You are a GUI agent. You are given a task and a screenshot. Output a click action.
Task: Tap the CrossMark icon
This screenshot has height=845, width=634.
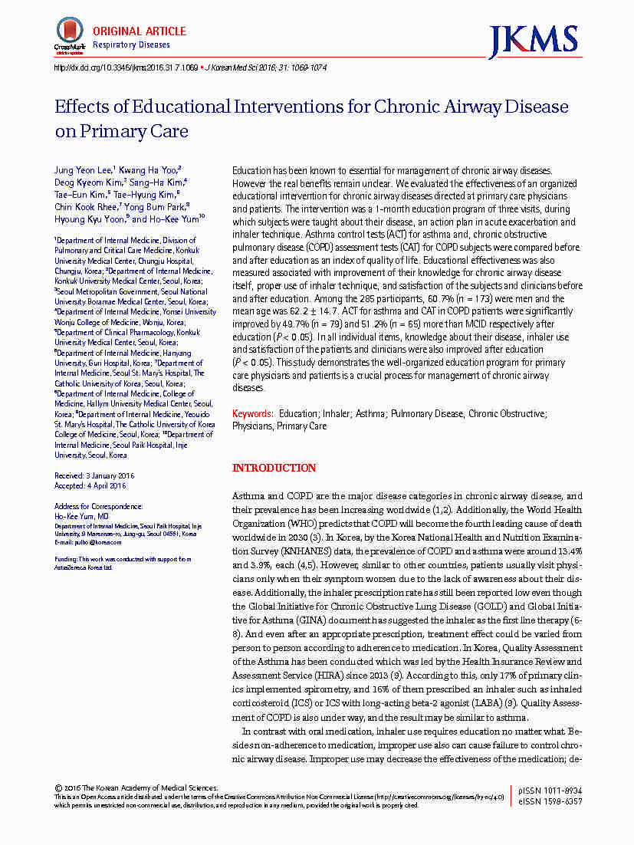pos(69,35)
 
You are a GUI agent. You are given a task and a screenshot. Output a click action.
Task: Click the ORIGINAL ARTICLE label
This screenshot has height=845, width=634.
pos(139,31)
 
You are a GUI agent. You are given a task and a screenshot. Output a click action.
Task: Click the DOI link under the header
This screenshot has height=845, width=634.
pos(125,67)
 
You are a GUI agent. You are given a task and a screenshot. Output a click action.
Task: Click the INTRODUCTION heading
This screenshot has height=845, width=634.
pos(274,468)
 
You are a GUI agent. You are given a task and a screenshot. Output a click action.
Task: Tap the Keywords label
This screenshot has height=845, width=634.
pos(252,413)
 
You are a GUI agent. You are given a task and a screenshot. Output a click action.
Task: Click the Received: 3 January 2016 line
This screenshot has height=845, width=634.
pos(94,476)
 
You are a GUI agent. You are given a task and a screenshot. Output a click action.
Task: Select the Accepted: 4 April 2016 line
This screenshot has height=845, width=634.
pos(90,485)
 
